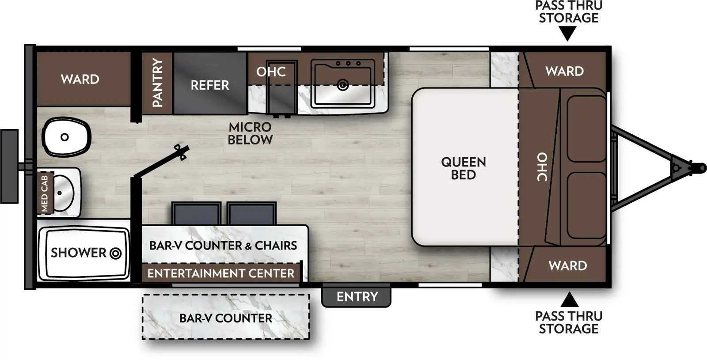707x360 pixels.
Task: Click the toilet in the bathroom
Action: click(x=66, y=137)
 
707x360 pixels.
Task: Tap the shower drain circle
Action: click(x=115, y=254)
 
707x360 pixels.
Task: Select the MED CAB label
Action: click(x=45, y=193)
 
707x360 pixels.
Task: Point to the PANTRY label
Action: click(x=157, y=83)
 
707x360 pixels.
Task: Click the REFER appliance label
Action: click(x=209, y=85)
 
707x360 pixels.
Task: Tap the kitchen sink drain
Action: click(x=342, y=85)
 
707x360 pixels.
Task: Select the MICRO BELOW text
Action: click(x=250, y=133)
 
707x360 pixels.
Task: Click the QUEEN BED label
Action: click(x=463, y=168)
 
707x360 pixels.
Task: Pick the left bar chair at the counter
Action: click(x=196, y=214)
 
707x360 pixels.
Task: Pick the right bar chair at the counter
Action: click(x=252, y=214)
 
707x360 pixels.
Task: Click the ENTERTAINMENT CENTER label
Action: click(x=220, y=273)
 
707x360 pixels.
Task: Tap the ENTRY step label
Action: click(x=357, y=297)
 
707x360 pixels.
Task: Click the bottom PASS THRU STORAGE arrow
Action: click(x=570, y=300)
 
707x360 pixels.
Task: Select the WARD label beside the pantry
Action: click(x=80, y=80)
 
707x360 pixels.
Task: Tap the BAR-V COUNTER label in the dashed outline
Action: click(x=225, y=318)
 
